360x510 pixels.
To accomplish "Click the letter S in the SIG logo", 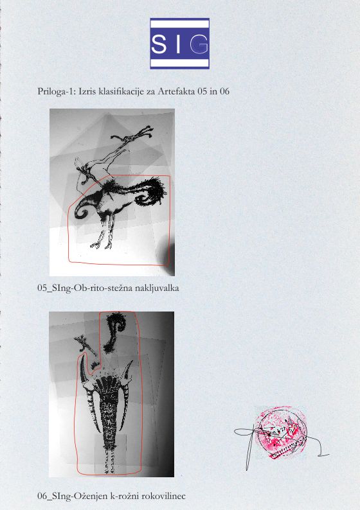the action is tap(159, 44).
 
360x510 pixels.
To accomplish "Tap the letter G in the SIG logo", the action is tap(199, 44).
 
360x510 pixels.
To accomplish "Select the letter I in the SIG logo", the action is tap(178, 44).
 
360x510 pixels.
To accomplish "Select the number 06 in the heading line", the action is tap(224, 91).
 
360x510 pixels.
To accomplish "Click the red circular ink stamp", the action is tap(280, 432).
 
